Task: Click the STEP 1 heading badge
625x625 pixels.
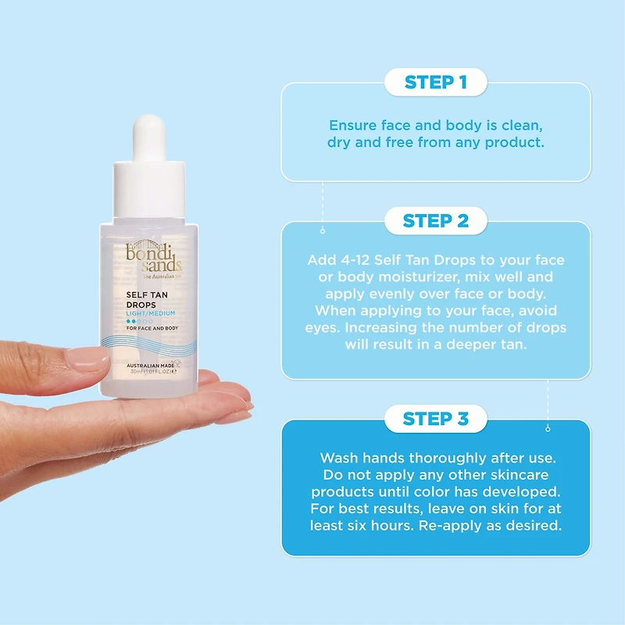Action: point(436,82)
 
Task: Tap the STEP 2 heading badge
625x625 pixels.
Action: point(436,220)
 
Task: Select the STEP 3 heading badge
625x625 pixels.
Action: point(436,419)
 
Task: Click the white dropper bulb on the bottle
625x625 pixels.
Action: point(149,137)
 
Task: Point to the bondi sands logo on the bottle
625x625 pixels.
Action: point(154,259)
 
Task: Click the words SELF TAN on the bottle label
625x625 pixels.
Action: point(147,295)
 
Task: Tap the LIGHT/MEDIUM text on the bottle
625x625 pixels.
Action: point(151,313)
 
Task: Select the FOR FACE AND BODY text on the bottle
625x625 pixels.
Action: point(152,328)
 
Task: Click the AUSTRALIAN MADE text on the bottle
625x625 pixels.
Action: point(150,366)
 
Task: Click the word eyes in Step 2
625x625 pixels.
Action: point(323,328)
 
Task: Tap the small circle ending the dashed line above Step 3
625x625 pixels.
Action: point(548,429)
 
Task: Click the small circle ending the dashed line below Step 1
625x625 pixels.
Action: point(323,231)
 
